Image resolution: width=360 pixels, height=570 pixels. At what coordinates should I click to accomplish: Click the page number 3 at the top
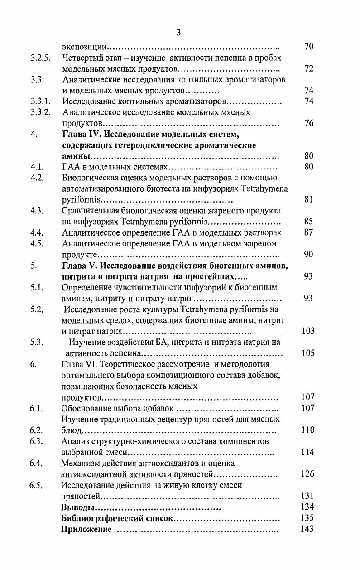point(178,32)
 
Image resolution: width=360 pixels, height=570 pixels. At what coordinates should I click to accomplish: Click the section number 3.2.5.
point(40,58)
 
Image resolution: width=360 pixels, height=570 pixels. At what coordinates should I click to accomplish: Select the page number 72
point(309,69)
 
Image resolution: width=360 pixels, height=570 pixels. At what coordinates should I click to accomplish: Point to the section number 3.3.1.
point(40,101)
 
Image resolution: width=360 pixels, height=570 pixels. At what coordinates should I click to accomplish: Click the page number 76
point(309,123)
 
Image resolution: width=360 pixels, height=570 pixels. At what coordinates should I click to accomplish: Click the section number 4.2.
point(37,178)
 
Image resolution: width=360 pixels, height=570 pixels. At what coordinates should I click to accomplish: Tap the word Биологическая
point(90,178)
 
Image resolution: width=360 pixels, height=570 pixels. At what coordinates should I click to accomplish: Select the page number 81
point(309,199)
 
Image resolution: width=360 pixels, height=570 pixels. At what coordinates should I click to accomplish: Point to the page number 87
point(309,232)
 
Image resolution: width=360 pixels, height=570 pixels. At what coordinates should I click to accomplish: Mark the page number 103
point(308,331)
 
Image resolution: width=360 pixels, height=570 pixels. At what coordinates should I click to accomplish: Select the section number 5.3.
point(37,342)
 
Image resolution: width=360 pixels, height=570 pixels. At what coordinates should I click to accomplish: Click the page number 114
point(308,452)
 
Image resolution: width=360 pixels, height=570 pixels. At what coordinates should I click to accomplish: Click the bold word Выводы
point(78,507)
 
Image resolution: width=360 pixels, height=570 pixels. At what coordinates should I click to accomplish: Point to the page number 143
point(307,529)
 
